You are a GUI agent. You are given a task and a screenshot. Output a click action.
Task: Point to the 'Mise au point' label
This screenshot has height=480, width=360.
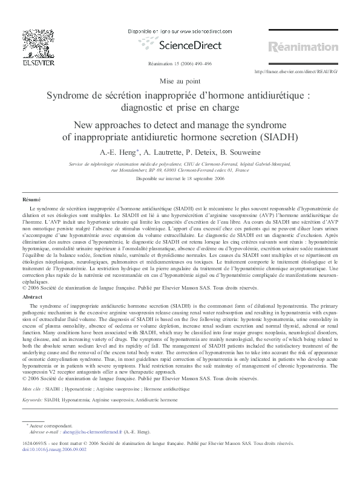pyautogui.click(x=180, y=81)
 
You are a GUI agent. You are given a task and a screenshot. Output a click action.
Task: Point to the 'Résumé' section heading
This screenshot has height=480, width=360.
pyautogui.click(x=31, y=199)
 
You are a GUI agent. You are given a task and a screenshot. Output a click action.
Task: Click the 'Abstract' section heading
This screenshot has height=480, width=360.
pyautogui.click(x=32, y=297)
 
